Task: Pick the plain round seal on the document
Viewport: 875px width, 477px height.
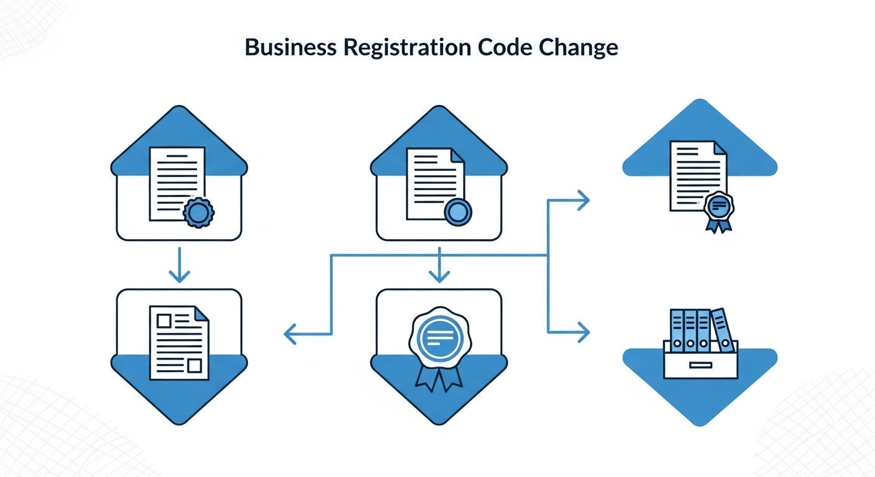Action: [458, 212]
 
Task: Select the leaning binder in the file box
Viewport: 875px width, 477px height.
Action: [722, 329]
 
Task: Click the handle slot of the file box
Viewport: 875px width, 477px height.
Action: [700, 365]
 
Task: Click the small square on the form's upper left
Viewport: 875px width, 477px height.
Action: [164, 320]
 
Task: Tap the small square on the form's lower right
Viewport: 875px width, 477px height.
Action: [195, 365]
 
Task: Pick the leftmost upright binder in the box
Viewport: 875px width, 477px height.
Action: [677, 330]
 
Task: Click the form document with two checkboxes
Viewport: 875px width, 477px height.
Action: [179, 342]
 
